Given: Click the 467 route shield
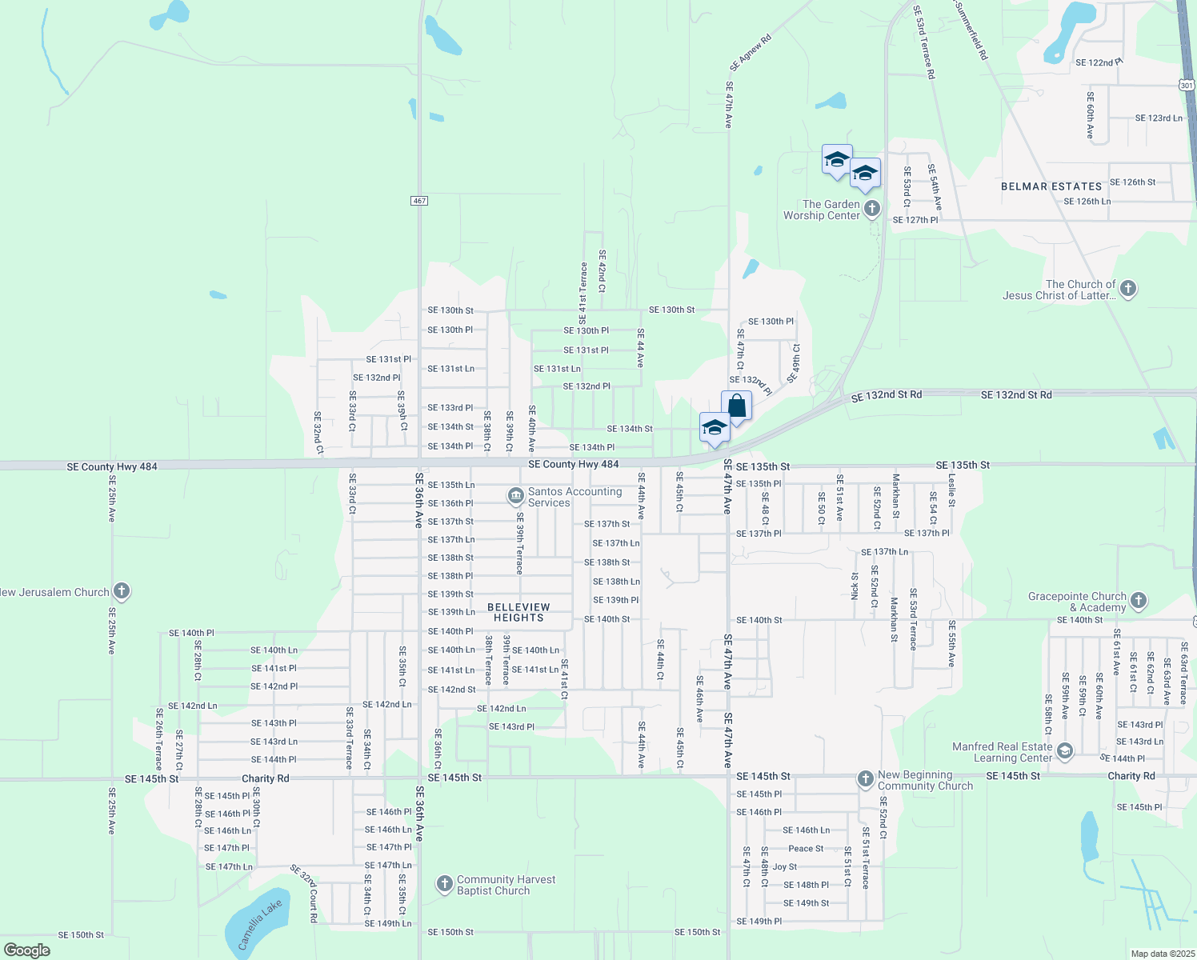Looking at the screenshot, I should [x=420, y=200].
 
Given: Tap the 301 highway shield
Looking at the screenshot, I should [x=1187, y=85].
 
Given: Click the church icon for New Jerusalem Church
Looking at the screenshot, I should [x=122, y=592].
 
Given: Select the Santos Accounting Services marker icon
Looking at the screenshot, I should [x=516, y=497].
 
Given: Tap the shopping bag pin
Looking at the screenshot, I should [x=736, y=406].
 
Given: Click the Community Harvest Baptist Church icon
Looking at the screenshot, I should [x=445, y=884].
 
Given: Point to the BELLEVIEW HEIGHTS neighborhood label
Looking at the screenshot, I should [x=518, y=613].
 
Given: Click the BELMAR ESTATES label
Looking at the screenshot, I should [x=1051, y=186].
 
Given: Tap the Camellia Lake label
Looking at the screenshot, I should [x=260, y=924].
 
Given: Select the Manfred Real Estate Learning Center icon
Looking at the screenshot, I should [x=1065, y=751].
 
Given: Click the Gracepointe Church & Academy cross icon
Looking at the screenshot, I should [x=1139, y=600].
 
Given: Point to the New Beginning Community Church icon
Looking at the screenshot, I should [x=865, y=778].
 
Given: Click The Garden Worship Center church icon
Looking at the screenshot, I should [x=872, y=209].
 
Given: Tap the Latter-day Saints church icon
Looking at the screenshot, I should [x=1128, y=289].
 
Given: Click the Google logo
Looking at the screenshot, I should [x=27, y=950].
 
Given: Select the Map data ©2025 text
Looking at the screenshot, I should [x=1162, y=954].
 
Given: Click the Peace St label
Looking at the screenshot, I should [x=806, y=849].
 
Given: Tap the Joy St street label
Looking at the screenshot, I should [x=784, y=867].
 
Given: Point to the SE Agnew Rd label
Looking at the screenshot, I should [x=751, y=53].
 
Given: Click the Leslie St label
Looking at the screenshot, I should [x=952, y=490].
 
